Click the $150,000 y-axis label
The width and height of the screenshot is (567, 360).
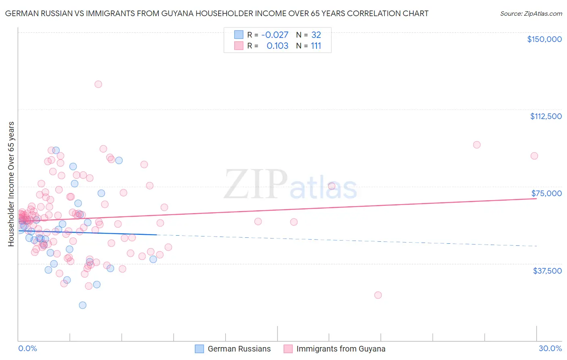coord(544,39)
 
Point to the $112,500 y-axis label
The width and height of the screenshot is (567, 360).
coord(546,116)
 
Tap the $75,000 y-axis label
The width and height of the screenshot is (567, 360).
coord(546,193)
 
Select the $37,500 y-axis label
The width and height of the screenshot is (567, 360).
coord(547,271)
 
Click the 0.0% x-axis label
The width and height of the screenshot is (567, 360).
coord(27,348)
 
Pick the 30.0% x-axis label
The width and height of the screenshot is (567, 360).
coord(550,348)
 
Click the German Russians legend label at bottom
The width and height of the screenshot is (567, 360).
coord(239,349)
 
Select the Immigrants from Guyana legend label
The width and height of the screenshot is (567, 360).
coord(341,349)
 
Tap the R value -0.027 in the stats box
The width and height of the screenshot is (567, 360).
coord(275,35)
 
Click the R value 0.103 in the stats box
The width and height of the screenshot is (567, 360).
coord(277,46)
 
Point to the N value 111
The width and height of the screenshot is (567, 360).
coord(316,46)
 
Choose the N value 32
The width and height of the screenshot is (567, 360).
coord(316,35)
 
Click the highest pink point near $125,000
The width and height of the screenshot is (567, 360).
coord(98,84)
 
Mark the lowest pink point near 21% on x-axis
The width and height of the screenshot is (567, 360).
coord(378,295)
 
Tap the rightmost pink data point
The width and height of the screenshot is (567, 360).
coord(534,156)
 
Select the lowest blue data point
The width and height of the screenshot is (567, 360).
coord(83,305)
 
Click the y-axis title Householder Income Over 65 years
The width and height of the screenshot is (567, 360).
coord(11,184)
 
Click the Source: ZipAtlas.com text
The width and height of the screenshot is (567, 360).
coord(531,14)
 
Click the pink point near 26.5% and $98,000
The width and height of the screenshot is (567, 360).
coord(477,144)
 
